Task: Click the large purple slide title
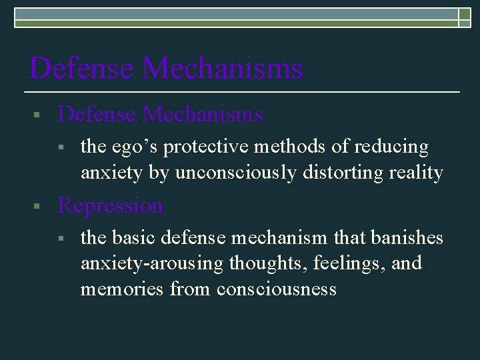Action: click(x=166, y=68)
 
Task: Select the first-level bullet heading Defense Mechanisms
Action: click(x=161, y=115)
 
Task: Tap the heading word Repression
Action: click(x=110, y=206)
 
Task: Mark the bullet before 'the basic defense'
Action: click(x=59, y=237)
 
